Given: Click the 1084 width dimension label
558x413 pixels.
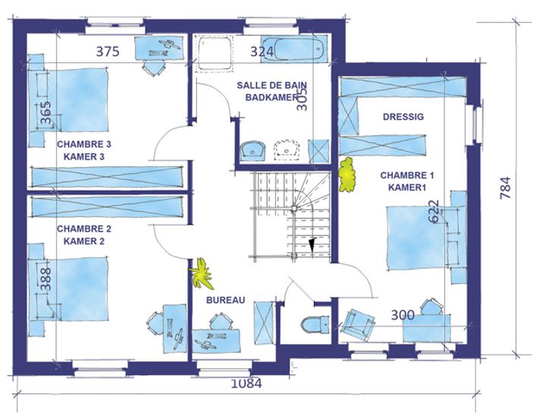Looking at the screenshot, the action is (x=246, y=383).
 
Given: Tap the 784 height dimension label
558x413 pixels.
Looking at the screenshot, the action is (x=506, y=188).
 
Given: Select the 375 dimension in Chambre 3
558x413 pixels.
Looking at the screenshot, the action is (x=108, y=52).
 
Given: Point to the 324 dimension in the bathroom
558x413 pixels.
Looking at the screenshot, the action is (x=262, y=52).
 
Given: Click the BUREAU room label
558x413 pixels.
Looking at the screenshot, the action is (x=226, y=300).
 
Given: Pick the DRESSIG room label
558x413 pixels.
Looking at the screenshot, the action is (x=403, y=116).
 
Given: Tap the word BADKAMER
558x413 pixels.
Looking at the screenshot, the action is (x=271, y=97).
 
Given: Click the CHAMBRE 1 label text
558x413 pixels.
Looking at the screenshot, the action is (x=407, y=175).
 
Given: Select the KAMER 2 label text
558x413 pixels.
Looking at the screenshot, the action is (x=84, y=241).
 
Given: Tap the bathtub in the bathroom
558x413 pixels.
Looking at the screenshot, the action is (x=294, y=49).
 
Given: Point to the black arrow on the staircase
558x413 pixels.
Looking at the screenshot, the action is (x=312, y=244).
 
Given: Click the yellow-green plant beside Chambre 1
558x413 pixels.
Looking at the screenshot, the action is (x=347, y=175).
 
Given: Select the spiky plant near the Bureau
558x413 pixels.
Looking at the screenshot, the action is (x=202, y=273).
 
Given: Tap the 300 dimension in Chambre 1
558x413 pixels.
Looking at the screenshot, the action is (x=403, y=315).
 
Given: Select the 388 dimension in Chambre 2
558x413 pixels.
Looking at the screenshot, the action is (x=46, y=279).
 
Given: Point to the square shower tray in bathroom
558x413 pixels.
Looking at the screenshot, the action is (x=215, y=52).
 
